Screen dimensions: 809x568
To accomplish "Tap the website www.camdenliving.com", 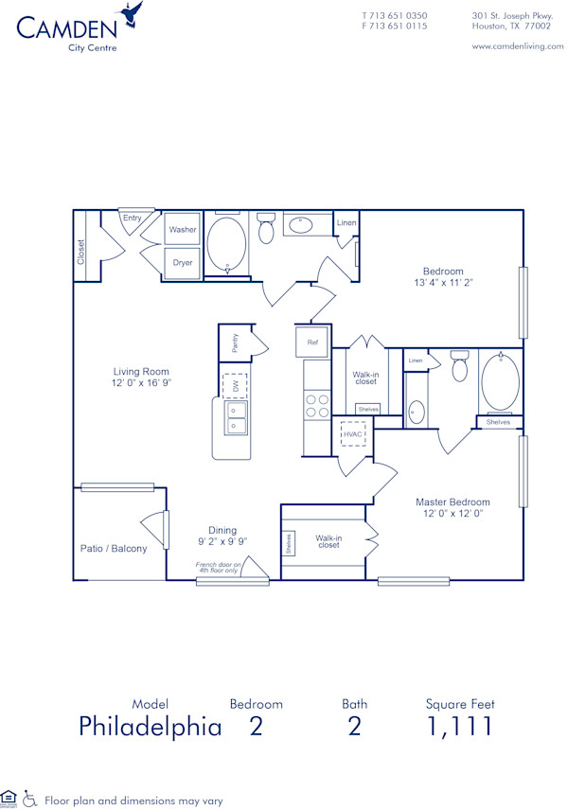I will coord(517,46).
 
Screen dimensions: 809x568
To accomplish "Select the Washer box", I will coord(183,230).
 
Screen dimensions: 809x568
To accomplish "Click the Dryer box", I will coord(183,262).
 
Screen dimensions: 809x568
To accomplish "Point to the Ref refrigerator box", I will coord(312,341).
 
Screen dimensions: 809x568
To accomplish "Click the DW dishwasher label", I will coord(234,386).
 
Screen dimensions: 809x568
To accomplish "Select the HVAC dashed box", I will coord(353,434).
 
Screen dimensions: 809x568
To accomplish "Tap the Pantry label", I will coord(234,343).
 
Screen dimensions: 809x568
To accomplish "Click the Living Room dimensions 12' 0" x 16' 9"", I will coord(141,383).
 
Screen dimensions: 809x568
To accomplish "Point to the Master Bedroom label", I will coord(453,501).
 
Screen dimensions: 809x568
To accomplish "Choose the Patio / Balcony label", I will coord(114,548).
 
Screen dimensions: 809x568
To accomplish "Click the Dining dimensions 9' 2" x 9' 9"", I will coord(217,542).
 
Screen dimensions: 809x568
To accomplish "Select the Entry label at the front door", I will coord(132,219).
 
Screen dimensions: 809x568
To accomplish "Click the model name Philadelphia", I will coord(150,727).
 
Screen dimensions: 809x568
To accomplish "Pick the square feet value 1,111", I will coord(459,727).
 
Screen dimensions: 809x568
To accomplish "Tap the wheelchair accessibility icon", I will coord(29,798).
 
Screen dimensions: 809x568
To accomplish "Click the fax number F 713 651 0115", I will coord(395,26).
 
